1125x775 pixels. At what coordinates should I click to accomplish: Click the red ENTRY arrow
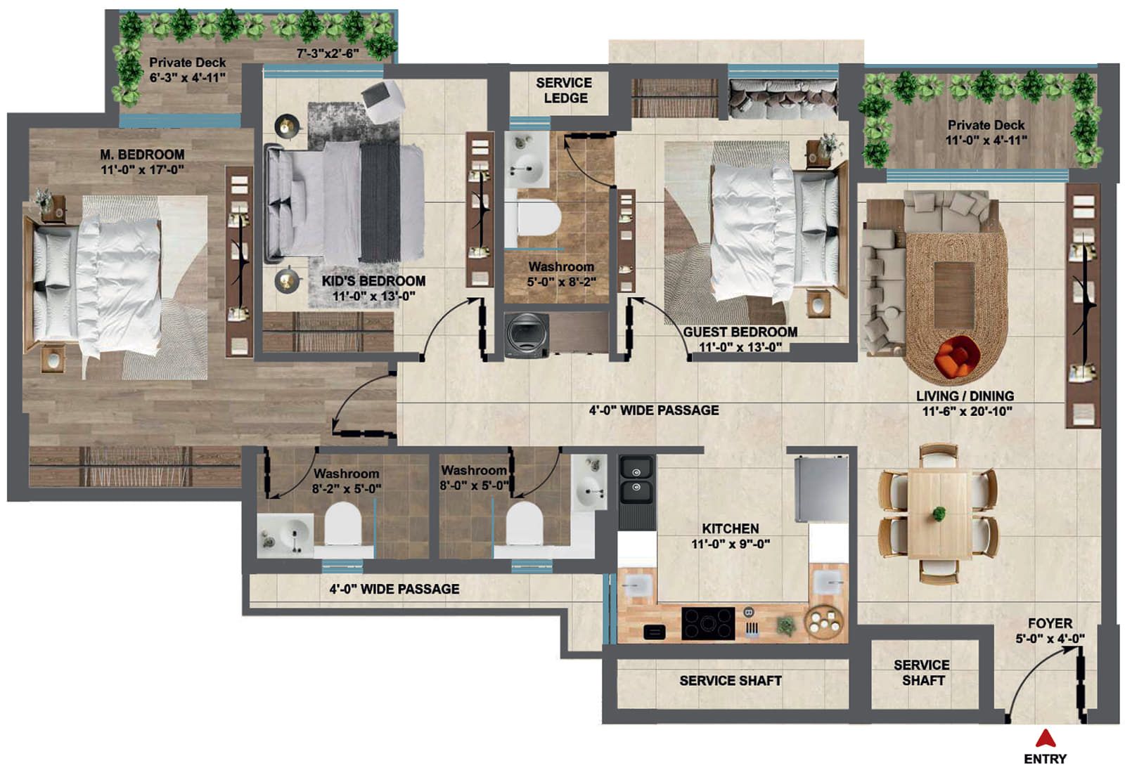tap(1045, 738)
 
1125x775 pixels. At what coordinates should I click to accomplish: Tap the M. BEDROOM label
tap(142, 155)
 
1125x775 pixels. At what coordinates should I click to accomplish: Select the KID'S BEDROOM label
tap(373, 281)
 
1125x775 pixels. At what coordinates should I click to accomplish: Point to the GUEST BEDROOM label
tap(740, 332)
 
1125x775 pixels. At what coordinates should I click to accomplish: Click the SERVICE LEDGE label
tap(565, 91)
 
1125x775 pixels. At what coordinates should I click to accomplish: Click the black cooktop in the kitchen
tap(708, 623)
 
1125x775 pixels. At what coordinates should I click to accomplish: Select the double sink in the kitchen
tap(637, 480)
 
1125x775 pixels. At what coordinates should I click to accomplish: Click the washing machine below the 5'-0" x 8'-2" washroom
tap(527, 335)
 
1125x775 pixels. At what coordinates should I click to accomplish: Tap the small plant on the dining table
tap(938, 514)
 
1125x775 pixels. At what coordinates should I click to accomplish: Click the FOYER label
tap(1050, 623)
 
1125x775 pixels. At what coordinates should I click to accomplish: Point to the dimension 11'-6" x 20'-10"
tap(967, 412)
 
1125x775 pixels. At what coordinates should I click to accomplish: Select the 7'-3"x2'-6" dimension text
tap(328, 53)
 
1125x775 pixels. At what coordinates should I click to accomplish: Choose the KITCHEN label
tap(731, 528)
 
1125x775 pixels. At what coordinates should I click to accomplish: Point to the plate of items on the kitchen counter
tap(824, 621)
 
